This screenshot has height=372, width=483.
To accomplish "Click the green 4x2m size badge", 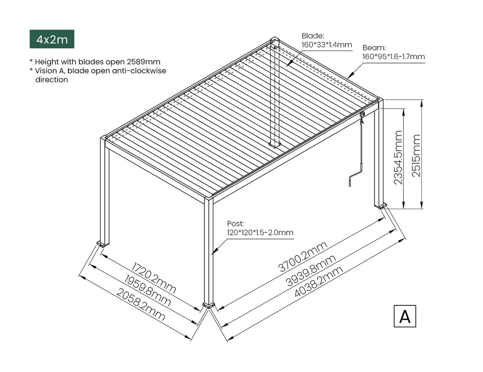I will click(52, 39).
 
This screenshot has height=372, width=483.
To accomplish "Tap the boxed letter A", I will click(405, 316).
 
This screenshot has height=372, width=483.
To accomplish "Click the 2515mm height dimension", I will click(416, 155).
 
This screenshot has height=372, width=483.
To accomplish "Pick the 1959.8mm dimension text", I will click(147, 291).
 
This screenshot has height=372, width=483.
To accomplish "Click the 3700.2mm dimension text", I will click(303, 257).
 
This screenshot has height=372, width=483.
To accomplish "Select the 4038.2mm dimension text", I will click(319, 282).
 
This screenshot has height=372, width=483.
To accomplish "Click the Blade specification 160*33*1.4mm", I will click(327, 45).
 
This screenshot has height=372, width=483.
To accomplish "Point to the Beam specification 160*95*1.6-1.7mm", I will click(394, 56).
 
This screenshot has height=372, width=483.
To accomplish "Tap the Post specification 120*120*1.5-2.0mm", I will click(260, 232).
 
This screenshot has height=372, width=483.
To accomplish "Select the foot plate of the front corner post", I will click(208, 305).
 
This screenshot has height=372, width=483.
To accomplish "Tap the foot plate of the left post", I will click(102, 244).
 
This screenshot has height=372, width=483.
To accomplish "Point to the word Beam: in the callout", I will click(374, 47).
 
